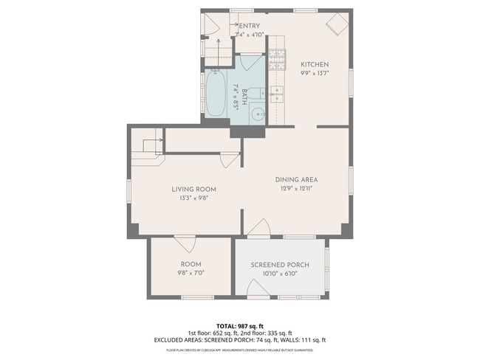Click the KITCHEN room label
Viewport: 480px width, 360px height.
[315, 64]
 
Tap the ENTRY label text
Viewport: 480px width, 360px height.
[248, 27]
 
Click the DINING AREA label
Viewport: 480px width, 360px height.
[296, 179]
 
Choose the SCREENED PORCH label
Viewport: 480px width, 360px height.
[280, 265]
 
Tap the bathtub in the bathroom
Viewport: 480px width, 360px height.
[216, 94]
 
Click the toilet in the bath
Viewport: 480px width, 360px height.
[253, 93]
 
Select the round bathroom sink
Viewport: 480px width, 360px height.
[257, 114]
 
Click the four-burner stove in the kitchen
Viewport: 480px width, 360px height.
[277, 59]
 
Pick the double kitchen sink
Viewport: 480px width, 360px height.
[277, 94]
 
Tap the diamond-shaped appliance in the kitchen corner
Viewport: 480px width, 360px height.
[338, 24]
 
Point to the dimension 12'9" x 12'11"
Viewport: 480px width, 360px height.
[296, 188]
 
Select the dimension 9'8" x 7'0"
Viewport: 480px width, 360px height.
[191, 272]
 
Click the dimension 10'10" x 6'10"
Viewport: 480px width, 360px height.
[280, 274]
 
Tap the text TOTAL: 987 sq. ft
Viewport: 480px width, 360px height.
[239, 325]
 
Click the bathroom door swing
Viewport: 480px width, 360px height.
[251, 63]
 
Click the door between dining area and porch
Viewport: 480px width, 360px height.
[258, 229]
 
